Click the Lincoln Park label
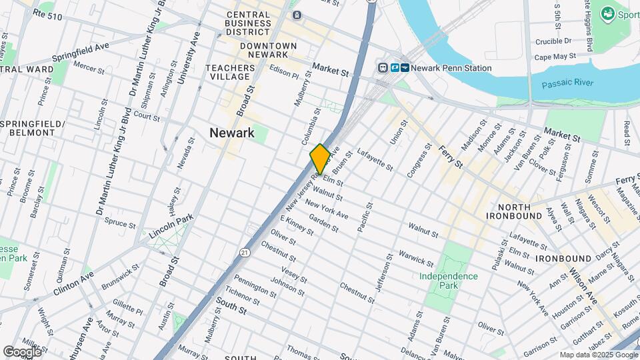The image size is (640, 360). [x=171, y=218]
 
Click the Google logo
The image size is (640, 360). [x=22, y=351]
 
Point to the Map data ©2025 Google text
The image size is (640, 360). [x=597, y=355]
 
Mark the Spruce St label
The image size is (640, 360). [x=120, y=223]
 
